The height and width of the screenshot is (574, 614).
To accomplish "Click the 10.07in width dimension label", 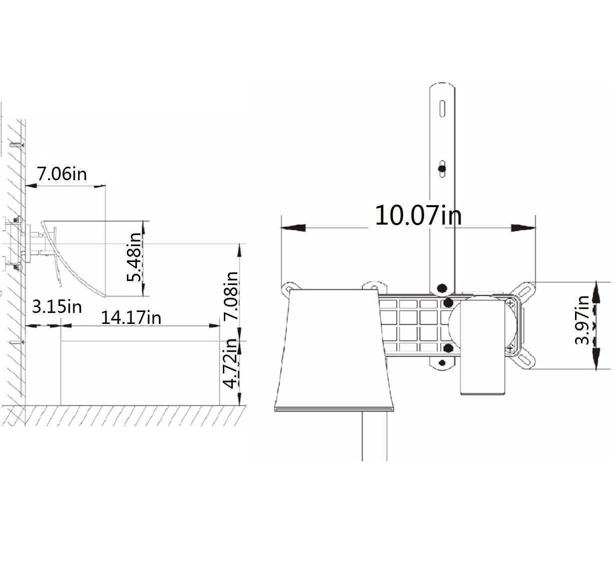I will (418, 215).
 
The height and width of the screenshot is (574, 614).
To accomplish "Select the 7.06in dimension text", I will (62, 174).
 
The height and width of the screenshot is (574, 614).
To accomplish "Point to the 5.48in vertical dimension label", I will (134, 257).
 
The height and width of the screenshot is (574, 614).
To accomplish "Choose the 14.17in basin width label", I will (131, 317).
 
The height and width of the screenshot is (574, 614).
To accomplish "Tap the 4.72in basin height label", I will (230, 363).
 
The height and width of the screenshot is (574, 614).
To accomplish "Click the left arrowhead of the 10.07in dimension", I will (293, 228).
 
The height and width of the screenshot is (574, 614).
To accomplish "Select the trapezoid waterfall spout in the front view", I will (334, 349).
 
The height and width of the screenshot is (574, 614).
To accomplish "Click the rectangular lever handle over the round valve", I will (483, 344).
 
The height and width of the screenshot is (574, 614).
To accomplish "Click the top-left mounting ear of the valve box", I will (289, 287).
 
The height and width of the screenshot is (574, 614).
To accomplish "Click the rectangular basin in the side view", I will (140, 372).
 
